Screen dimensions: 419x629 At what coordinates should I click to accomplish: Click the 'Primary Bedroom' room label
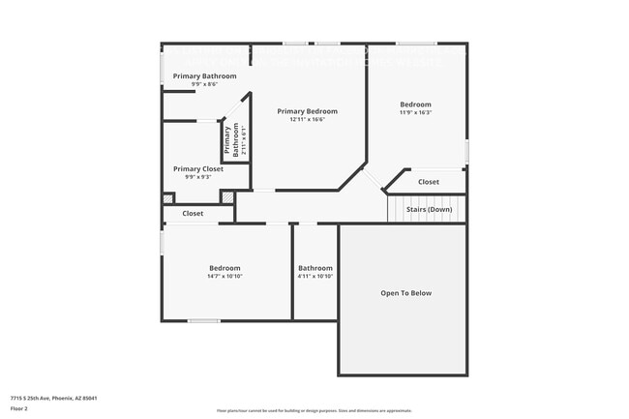308,111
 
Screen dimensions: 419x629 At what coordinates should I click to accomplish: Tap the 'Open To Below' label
405,292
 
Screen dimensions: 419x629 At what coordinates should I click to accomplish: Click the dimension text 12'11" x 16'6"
308,120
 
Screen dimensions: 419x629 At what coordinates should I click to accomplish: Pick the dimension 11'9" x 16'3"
416,113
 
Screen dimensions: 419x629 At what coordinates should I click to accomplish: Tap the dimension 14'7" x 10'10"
225,277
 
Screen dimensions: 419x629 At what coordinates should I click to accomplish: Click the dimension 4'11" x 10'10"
315,277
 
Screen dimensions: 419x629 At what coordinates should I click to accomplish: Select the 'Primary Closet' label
198,168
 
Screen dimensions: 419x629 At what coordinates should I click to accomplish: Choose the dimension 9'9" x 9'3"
198,177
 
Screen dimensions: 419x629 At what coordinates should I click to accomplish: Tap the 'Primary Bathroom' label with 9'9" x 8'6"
205,75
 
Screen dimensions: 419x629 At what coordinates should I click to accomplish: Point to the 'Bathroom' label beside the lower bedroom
315,268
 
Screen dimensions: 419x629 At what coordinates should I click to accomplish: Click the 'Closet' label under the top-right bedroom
428,182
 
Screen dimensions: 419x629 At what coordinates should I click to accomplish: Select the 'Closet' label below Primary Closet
193,213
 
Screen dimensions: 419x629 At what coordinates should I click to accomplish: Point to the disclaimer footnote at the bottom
314,411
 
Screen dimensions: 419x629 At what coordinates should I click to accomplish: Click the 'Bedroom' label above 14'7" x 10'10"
225,268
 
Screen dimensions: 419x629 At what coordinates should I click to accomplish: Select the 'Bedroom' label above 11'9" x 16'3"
416,105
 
